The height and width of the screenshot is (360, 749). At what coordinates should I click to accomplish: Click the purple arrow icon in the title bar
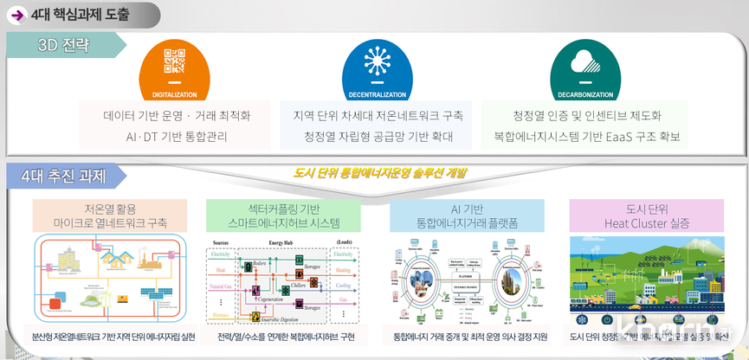pos(16,15)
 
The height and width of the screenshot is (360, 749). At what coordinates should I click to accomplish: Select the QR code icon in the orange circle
pos(174,63)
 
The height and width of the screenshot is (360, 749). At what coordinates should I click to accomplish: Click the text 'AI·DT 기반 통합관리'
pos(177,136)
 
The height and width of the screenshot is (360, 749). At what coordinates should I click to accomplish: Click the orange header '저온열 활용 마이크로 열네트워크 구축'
pos(109,216)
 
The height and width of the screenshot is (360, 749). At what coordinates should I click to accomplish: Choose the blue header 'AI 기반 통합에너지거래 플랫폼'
pos(467,216)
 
